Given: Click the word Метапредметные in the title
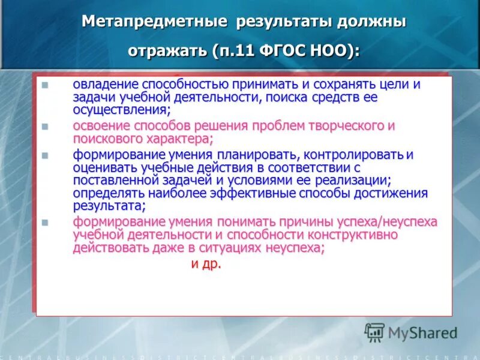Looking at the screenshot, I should [154, 22].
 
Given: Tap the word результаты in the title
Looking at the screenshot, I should [277, 22].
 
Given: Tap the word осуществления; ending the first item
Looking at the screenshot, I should [130, 110].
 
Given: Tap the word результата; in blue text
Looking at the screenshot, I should [109, 206].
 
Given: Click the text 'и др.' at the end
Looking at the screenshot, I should [206, 263].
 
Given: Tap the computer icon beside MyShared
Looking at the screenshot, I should [374, 332].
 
